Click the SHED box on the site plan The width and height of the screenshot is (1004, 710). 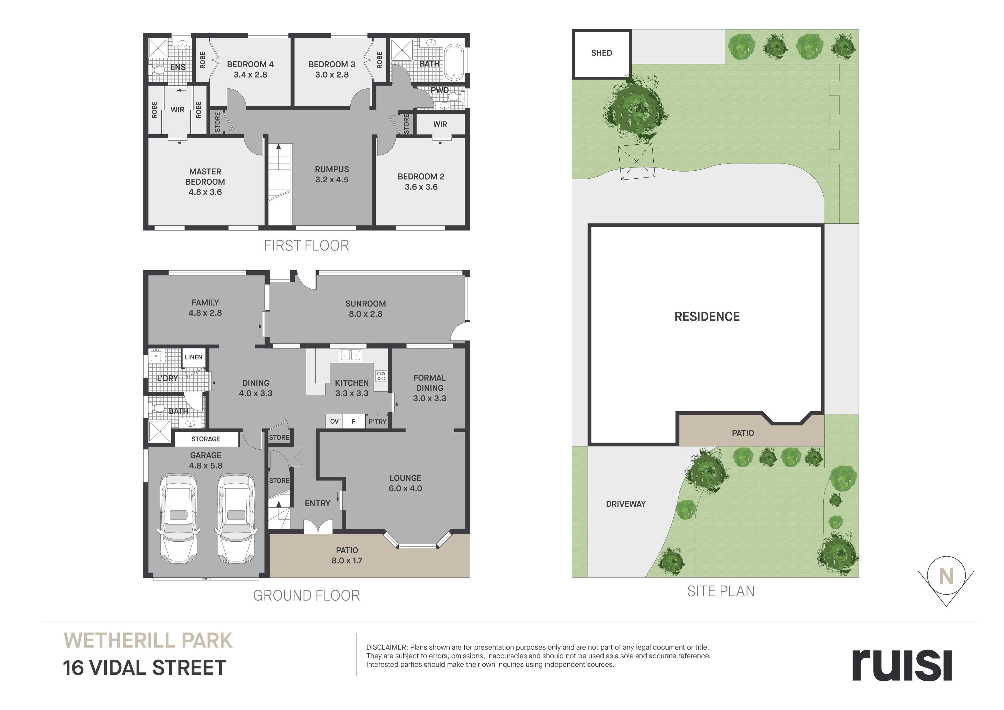point(601,54)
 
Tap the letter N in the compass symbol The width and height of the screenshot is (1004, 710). point(946,577)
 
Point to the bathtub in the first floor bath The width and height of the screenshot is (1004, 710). point(455,62)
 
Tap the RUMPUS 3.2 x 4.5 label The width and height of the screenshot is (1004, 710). point(332,174)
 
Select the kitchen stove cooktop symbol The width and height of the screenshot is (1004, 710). point(381,376)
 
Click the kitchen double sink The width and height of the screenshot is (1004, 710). point(351,355)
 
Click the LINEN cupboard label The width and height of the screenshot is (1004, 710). point(193,357)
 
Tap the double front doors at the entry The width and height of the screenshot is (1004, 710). point(317,526)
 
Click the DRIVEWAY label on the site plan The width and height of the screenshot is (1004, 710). point(626,504)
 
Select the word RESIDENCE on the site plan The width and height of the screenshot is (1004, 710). point(707,317)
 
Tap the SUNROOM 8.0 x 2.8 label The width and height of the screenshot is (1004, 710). point(365,308)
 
